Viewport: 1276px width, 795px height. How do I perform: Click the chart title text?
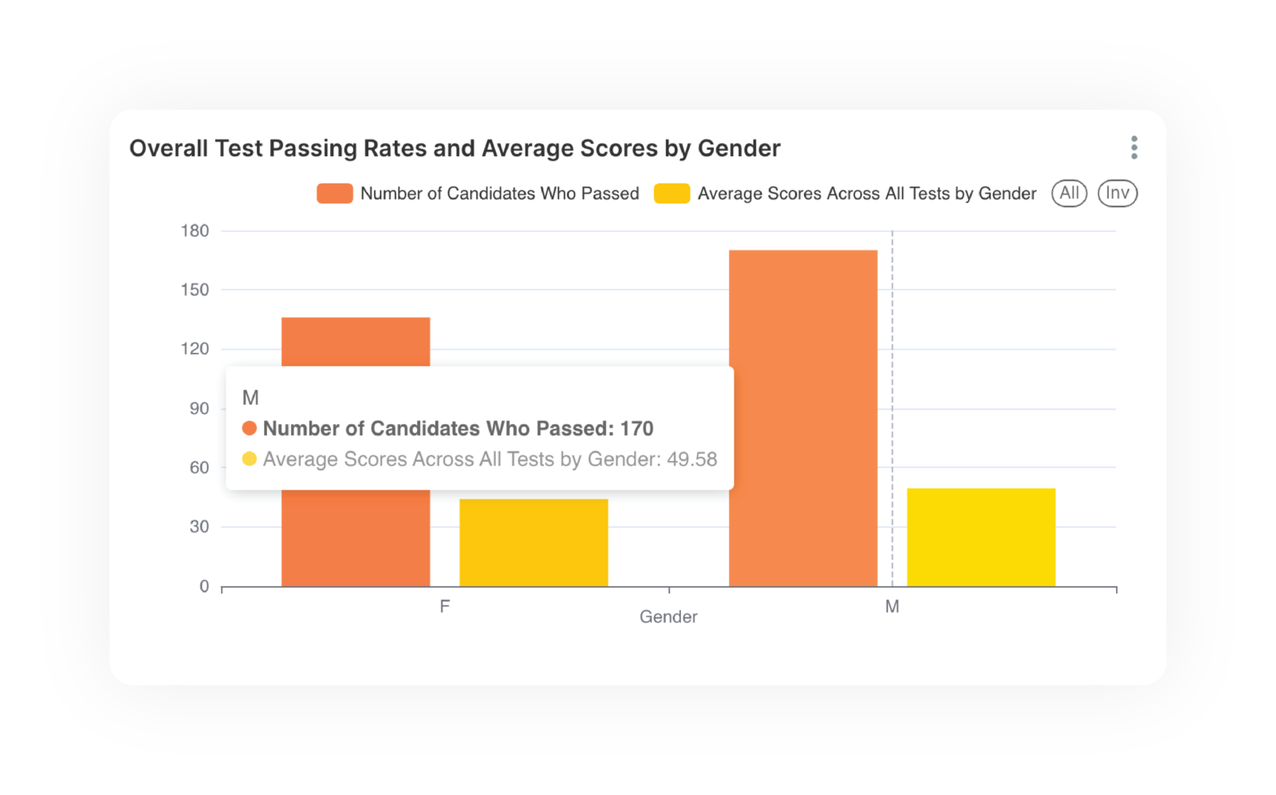455,148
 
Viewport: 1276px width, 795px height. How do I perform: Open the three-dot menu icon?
1134,148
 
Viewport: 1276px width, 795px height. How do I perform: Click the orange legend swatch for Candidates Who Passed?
335,194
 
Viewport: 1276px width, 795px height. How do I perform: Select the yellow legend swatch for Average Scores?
671,194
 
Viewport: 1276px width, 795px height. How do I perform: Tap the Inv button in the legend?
1117,194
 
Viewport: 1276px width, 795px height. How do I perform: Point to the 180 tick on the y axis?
195,231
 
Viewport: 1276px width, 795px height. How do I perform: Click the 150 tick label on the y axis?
195,290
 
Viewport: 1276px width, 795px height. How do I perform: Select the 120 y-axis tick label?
195,349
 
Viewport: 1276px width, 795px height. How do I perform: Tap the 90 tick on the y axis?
199,409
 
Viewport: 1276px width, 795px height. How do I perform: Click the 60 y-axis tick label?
199,468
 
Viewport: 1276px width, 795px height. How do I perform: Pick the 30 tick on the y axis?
199,527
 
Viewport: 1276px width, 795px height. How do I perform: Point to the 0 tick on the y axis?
204,587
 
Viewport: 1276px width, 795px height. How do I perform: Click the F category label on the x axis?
445,607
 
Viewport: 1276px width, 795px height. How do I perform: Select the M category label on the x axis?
892,607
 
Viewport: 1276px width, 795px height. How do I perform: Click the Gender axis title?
668,617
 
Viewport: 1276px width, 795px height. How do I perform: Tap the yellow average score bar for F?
534,543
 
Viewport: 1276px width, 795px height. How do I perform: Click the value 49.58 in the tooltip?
692,459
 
